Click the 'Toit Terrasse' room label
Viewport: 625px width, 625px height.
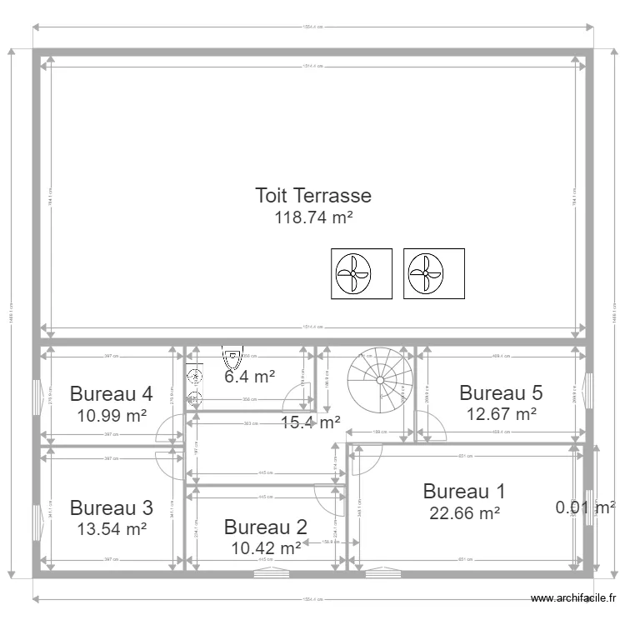point(312,196)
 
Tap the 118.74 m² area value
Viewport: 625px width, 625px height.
point(312,217)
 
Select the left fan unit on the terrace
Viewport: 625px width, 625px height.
point(362,273)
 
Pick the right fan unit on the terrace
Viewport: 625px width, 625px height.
point(434,273)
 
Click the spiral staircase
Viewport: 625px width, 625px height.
point(380,380)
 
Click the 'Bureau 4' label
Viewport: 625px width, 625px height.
point(111,393)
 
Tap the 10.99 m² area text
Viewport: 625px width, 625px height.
point(111,414)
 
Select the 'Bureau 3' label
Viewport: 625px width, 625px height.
point(111,507)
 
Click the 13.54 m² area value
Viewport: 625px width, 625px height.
point(111,528)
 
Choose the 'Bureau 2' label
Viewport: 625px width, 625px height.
point(265,527)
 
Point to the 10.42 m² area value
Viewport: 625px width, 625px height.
point(265,547)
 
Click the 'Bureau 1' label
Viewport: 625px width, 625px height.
point(464,492)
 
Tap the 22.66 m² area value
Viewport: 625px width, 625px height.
point(464,513)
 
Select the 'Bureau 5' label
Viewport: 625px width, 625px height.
point(501,392)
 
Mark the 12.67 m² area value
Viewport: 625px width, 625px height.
point(501,413)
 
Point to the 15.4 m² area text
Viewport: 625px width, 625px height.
point(310,422)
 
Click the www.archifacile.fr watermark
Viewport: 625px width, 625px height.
point(574,598)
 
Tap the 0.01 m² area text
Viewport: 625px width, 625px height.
point(585,507)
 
